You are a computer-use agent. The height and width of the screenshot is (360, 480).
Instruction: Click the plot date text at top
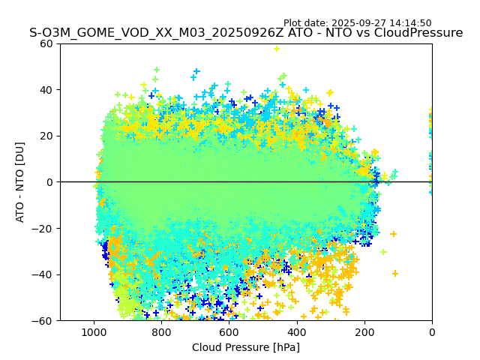[x=357, y=23]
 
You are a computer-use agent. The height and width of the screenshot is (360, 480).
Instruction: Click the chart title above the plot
[x=246, y=33]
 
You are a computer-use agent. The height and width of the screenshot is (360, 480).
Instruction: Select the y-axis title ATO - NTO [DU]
[x=20, y=181]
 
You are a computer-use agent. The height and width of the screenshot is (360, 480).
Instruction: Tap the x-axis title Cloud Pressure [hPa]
[x=246, y=347]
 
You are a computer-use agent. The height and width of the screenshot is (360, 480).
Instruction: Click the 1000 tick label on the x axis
[x=94, y=332]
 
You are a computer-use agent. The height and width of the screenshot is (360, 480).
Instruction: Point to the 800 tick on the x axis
[x=161, y=332]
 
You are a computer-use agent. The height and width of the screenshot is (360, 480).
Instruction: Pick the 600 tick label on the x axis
[x=229, y=332]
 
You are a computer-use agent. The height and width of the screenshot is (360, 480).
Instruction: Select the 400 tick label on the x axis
[x=297, y=332]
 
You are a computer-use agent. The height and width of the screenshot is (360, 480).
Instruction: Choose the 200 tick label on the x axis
[x=364, y=332]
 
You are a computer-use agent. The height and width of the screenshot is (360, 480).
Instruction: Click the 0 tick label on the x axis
[x=432, y=332]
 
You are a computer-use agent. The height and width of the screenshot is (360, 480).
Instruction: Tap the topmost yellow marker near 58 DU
[x=276, y=49]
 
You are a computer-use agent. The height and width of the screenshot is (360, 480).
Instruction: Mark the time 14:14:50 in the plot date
[x=409, y=23]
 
